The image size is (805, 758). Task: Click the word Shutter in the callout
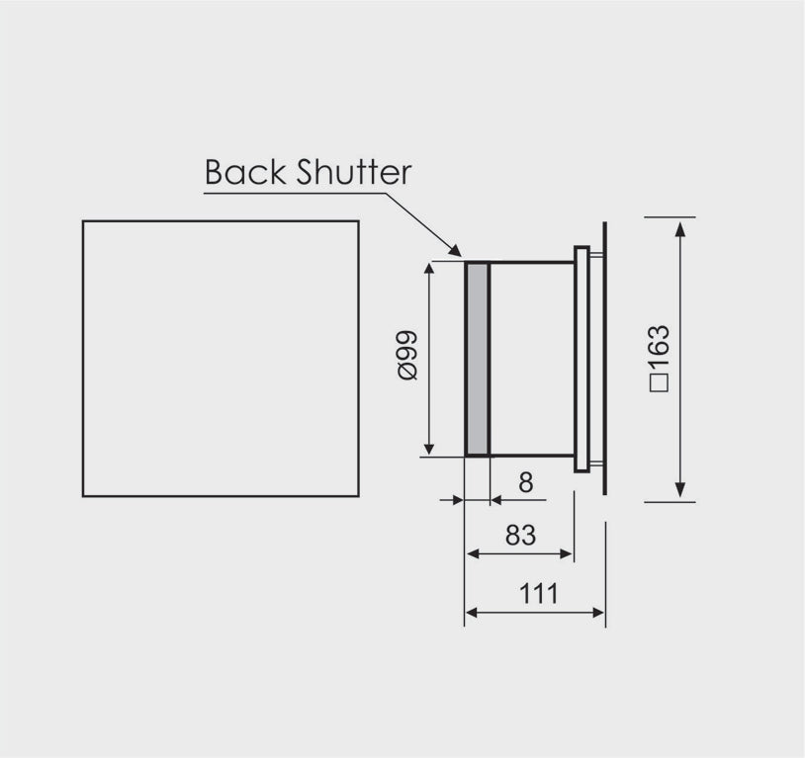coord(354,172)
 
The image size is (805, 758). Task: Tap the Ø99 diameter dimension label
coord(408,355)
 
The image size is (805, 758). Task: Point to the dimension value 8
coord(526,482)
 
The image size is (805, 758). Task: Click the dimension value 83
coord(520,535)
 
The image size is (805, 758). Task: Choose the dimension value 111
coord(539,594)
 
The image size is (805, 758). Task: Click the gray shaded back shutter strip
coord(478,359)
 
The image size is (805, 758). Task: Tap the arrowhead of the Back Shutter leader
coord(455,250)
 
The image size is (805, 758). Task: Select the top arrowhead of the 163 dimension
coord(680,228)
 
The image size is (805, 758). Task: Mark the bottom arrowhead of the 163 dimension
coord(680,490)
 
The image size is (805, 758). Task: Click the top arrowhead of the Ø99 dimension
coord(430,270)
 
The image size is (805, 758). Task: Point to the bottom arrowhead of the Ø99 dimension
coord(430,448)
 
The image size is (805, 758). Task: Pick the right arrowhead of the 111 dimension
coord(598,613)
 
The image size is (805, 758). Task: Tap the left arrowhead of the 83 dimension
coord(473,553)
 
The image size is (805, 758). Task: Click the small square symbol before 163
coord(660,383)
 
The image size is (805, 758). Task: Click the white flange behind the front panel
coord(581,360)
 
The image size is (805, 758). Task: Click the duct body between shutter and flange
coord(532,359)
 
